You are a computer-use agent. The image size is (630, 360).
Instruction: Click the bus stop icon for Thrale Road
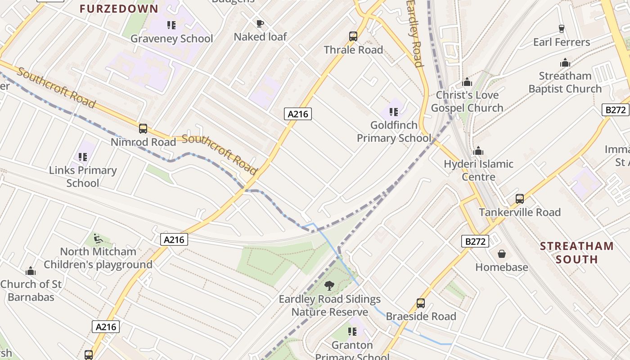(x=353, y=36)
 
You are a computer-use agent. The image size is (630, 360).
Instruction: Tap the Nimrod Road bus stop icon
(x=143, y=129)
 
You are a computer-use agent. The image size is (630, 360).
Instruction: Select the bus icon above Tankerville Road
(x=520, y=198)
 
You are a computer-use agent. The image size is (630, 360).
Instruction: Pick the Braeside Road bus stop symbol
(x=421, y=303)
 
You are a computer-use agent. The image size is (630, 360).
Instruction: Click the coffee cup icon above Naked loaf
(x=260, y=23)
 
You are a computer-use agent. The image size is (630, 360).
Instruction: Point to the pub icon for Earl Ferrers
(x=561, y=29)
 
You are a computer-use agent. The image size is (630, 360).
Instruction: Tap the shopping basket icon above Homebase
(x=502, y=254)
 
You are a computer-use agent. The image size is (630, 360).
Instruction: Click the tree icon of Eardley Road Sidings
(x=329, y=285)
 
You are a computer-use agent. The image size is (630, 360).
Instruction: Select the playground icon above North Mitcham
(x=98, y=238)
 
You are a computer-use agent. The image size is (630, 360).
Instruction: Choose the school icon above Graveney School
(x=171, y=25)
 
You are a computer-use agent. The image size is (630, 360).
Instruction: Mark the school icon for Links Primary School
(x=82, y=157)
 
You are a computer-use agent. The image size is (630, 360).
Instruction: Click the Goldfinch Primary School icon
(x=394, y=112)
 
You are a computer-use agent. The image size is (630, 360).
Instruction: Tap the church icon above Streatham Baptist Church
(x=565, y=63)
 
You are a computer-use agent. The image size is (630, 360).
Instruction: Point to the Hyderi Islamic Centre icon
(x=478, y=150)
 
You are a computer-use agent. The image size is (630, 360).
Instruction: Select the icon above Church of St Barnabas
(x=31, y=271)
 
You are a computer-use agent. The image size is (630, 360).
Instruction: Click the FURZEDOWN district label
(x=119, y=9)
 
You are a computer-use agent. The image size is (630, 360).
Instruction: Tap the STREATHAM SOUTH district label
(x=576, y=252)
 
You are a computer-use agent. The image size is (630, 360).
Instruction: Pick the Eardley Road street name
(x=415, y=34)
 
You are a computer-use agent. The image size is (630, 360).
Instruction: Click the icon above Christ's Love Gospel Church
(x=467, y=82)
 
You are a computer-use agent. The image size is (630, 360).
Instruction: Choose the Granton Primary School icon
(x=352, y=332)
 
